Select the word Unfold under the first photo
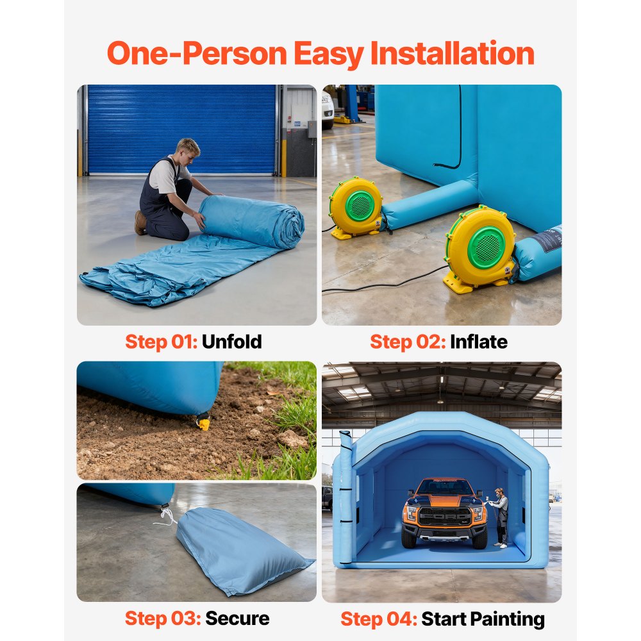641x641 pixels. [x=231, y=342]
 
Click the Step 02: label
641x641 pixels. [x=407, y=342]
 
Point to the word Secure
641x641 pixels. [x=237, y=619]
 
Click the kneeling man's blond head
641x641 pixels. [x=188, y=149]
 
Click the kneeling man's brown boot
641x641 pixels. [x=140, y=222]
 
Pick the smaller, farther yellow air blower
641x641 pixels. [x=356, y=208]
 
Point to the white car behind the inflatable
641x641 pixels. [x=327, y=109]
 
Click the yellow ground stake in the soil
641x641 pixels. [x=204, y=422]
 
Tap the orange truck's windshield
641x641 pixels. [x=445, y=488]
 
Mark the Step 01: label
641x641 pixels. [x=161, y=342]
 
